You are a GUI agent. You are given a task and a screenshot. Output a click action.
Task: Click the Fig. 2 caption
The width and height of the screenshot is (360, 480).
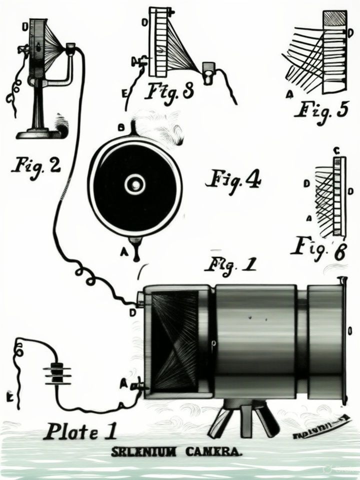pyautogui.click(x=35, y=164)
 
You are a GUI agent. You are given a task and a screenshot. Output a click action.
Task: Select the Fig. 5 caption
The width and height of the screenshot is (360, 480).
pyautogui.click(x=320, y=110)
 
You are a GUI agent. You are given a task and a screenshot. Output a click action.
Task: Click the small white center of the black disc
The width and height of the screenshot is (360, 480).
pyautogui.click(x=134, y=185)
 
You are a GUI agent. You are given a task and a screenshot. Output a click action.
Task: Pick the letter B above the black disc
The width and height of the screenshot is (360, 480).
pyautogui.click(x=120, y=128)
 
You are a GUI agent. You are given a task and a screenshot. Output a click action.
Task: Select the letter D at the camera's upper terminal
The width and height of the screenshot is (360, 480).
pyautogui.click(x=132, y=312)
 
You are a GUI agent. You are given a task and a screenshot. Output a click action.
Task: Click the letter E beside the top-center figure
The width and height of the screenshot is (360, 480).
pyautogui.click(x=125, y=92)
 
